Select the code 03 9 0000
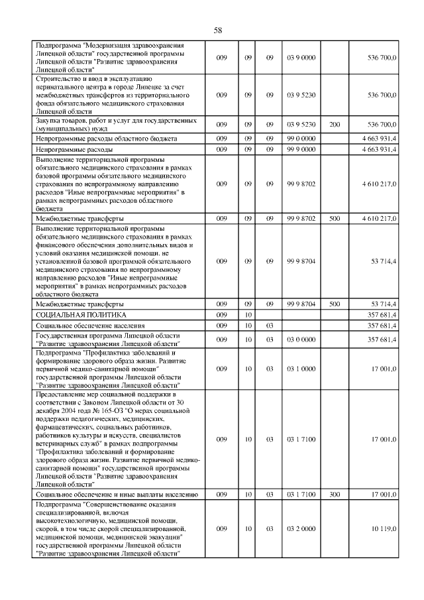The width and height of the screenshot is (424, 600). point(302,58)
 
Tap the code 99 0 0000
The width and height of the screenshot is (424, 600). point(302,139)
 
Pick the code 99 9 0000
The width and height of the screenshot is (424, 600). point(302,150)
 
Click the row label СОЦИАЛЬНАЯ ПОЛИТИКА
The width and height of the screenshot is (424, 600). point(81,314)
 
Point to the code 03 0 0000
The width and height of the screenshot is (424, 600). point(302,340)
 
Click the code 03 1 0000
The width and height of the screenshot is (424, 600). point(302,369)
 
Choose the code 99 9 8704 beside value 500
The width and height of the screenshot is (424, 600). point(302,303)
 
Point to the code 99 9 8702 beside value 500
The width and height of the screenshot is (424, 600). point(302,217)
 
